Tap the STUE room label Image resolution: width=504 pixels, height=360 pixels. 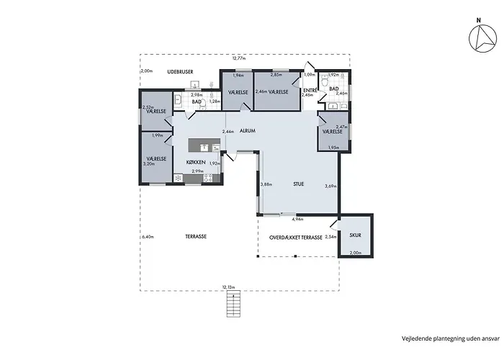point(298,184)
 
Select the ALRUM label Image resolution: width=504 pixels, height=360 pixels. point(248,131)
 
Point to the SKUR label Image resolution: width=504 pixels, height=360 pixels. point(355,235)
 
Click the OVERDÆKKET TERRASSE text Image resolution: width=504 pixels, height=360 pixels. point(295,236)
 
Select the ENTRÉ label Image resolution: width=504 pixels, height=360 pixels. point(308,89)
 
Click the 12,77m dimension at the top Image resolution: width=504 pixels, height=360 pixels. point(239,58)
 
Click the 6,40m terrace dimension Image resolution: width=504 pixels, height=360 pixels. point(148,237)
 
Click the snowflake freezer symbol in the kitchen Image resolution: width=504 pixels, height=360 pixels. point(178,178)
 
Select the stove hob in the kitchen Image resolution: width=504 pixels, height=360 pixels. point(208,178)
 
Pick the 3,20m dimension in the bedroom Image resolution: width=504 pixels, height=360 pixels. point(149,164)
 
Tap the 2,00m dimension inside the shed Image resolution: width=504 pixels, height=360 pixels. point(355,253)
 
